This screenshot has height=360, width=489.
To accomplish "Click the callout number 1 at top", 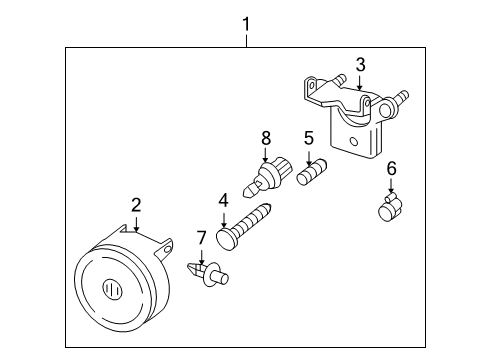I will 245,21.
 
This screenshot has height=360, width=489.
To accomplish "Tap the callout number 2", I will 136,205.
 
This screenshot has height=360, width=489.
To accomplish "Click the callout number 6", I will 391,169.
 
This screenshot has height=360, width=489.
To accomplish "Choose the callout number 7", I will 201,237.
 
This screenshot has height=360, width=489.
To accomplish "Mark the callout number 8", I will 266,136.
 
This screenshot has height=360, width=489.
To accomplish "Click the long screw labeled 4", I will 251,224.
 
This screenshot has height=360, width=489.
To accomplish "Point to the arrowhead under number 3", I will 359,88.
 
